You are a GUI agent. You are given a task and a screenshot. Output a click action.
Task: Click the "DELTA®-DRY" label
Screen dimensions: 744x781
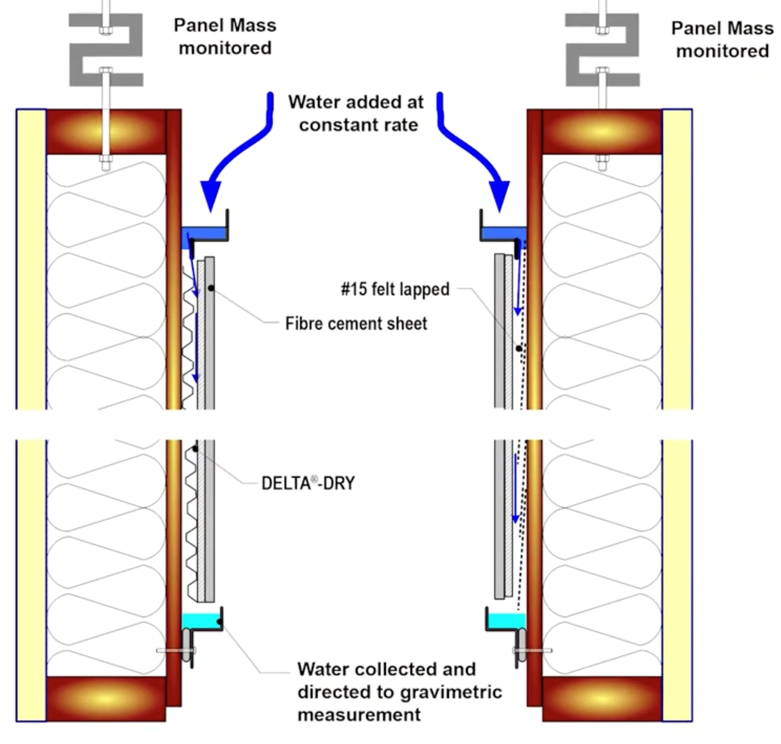pyautogui.click(x=308, y=483)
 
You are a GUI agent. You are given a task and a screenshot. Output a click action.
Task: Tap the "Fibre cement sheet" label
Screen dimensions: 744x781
pyautogui.click(x=356, y=323)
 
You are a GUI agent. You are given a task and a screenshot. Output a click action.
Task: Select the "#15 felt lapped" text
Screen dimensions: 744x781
pyautogui.click(x=395, y=289)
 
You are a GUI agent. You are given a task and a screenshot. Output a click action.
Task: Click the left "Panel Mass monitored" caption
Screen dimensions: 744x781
pyautogui.click(x=225, y=36)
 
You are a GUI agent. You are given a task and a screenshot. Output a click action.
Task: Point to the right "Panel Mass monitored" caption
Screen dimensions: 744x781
pyautogui.click(x=722, y=39)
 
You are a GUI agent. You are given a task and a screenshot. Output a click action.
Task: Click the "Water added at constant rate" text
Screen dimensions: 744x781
pyautogui.click(x=356, y=113)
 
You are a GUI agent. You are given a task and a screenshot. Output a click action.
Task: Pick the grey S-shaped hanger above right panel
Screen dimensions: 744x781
pyautogui.click(x=602, y=50)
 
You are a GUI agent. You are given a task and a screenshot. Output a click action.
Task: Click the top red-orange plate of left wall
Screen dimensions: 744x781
pyautogui.click(x=106, y=132)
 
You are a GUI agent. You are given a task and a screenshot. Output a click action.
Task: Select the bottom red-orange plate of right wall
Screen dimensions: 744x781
pyautogui.click(x=602, y=698)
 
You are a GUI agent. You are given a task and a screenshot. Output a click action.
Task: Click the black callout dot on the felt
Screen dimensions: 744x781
pyautogui.click(x=519, y=348)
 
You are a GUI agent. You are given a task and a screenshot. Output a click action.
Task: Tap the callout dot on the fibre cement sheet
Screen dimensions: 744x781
pyautogui.click(x=211, y=288)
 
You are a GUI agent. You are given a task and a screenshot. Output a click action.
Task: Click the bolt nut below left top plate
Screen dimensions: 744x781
pyautogui.click(x=106, y=163)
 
